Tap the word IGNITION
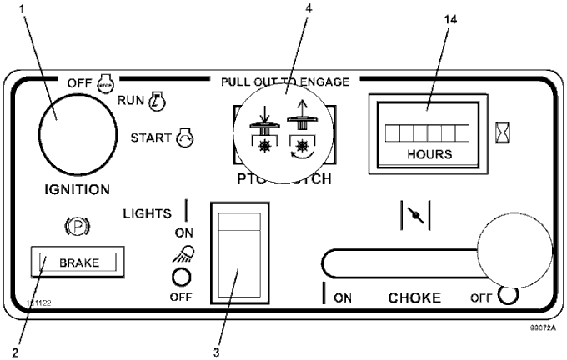coord(71,189)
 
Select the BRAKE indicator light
coord(77,262)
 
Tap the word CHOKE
coord(414,297)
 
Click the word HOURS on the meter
coord(430,154)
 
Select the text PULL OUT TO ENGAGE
coord(284,82)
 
